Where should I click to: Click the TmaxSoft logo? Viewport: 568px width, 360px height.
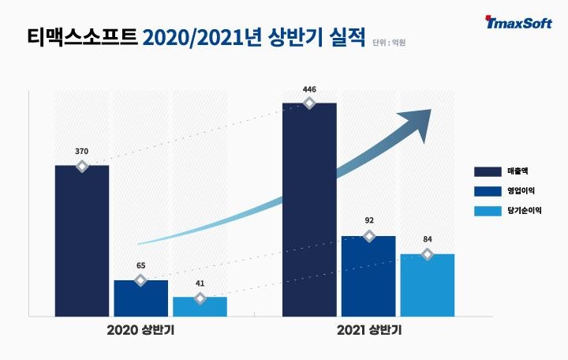pos(520,24)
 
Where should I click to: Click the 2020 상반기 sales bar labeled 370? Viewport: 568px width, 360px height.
pos(82,241)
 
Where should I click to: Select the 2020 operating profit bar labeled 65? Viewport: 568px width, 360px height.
pos(140,298)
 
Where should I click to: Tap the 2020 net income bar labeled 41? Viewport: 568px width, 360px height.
pos(200,306)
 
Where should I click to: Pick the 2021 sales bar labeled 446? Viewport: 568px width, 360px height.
pos(309,209)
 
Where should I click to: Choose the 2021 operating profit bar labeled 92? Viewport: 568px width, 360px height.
pos(368,276)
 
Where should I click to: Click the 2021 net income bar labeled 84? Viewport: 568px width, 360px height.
pos(427,285)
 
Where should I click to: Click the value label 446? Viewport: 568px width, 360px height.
pos(309,89)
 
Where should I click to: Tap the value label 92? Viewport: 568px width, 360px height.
pos(368,222)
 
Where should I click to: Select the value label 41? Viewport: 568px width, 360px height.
pos(200,283)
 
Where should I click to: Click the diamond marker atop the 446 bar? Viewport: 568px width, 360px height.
pos(309,103)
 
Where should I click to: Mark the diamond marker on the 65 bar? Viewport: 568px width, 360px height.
pos(140,280)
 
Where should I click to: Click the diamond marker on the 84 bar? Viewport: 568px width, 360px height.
pos(427,254)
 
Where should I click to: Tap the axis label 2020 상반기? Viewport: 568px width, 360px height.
pos(140,331)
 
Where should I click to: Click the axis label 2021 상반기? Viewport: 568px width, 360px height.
pos(368,331)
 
